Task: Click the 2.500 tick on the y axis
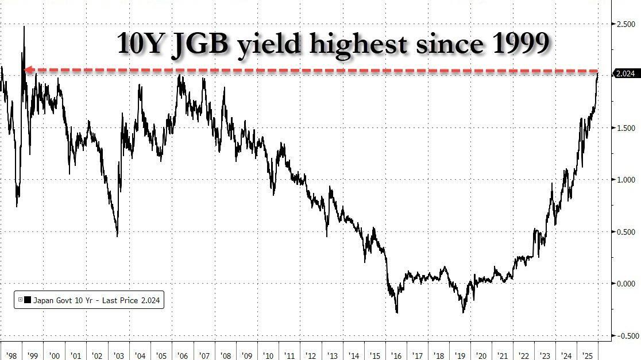point(625,25)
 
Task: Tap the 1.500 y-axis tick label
point(625,128)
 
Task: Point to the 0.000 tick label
point(625,284)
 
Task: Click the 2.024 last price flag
point(625,74)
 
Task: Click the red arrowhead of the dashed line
point(26,70)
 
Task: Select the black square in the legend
point(27,300)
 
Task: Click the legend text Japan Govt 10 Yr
point(65,300)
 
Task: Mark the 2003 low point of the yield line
point(117,236)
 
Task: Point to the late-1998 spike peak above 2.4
point(24,26)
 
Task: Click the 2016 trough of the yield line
point(397,312)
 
